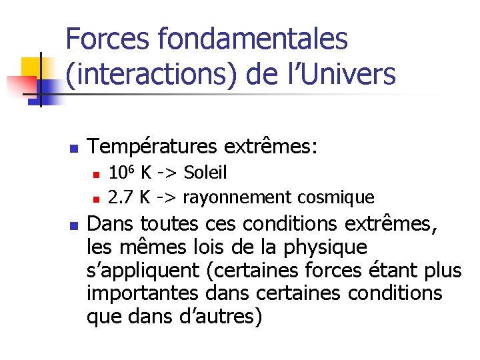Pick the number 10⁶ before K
point(121,173)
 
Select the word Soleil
point(205,173)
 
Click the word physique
point(332,247)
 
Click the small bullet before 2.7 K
point(96,199)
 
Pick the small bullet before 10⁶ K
point(96,175)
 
